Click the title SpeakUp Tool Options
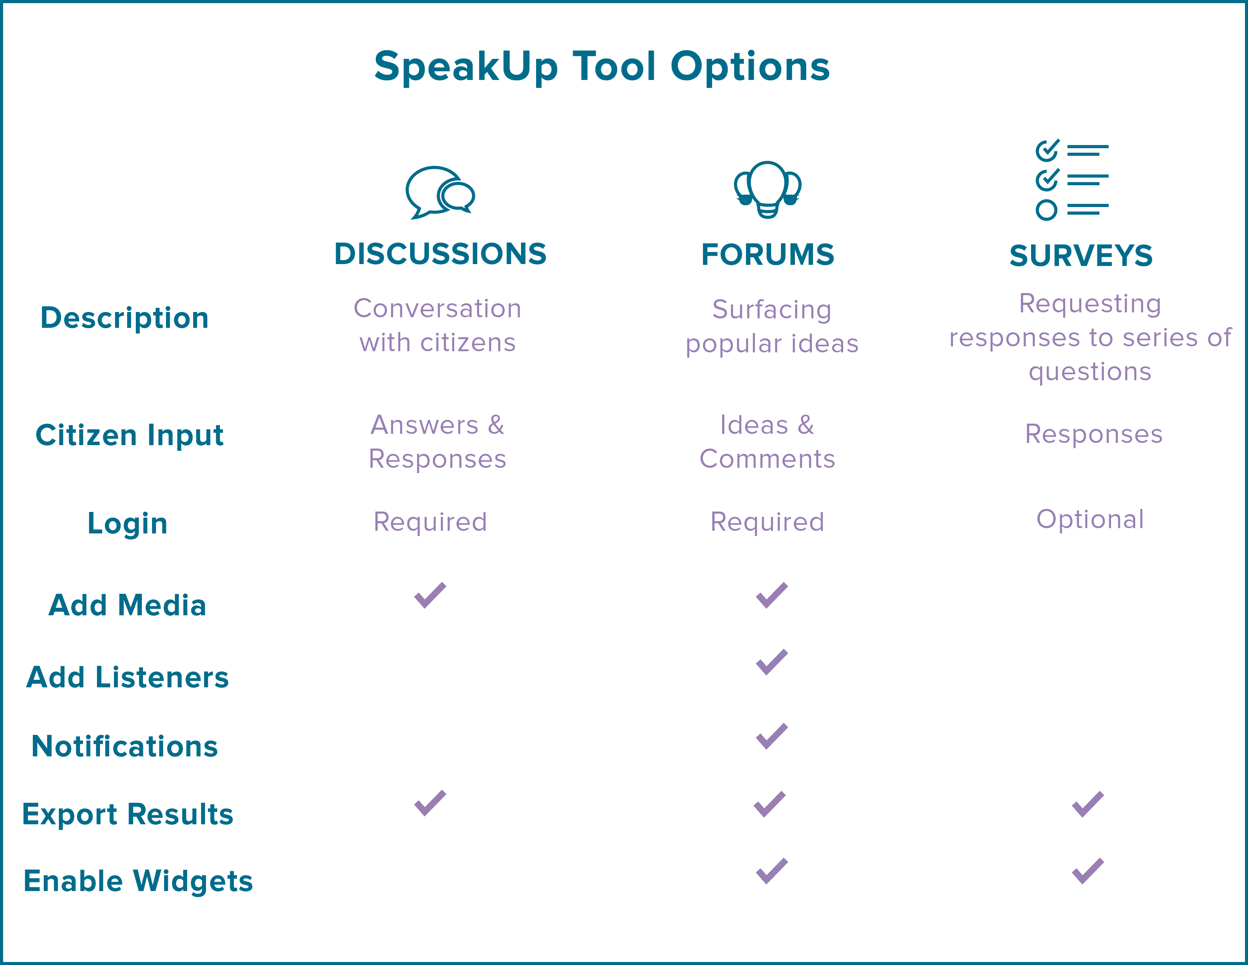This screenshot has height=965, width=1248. coord(602,67)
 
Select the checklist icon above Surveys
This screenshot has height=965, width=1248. coord(1071,180)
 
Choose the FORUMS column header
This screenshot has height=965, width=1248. coord(767,254)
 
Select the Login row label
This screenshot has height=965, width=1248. coord(128,523)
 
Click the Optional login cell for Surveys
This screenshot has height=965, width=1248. coord(1090,519)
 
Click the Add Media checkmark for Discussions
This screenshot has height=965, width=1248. coord(430,595)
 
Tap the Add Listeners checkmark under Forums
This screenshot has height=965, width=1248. coord(772,662)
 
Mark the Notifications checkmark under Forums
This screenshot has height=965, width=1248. coord(772,736)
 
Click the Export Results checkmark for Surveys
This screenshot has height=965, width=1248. coord(1087,804)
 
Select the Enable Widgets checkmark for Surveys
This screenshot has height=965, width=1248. coord(1087,871)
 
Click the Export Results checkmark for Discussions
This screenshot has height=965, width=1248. coord(430,803)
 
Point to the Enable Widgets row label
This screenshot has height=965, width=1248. coord(138,881)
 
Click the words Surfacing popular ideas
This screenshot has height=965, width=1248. coord(772,326)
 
